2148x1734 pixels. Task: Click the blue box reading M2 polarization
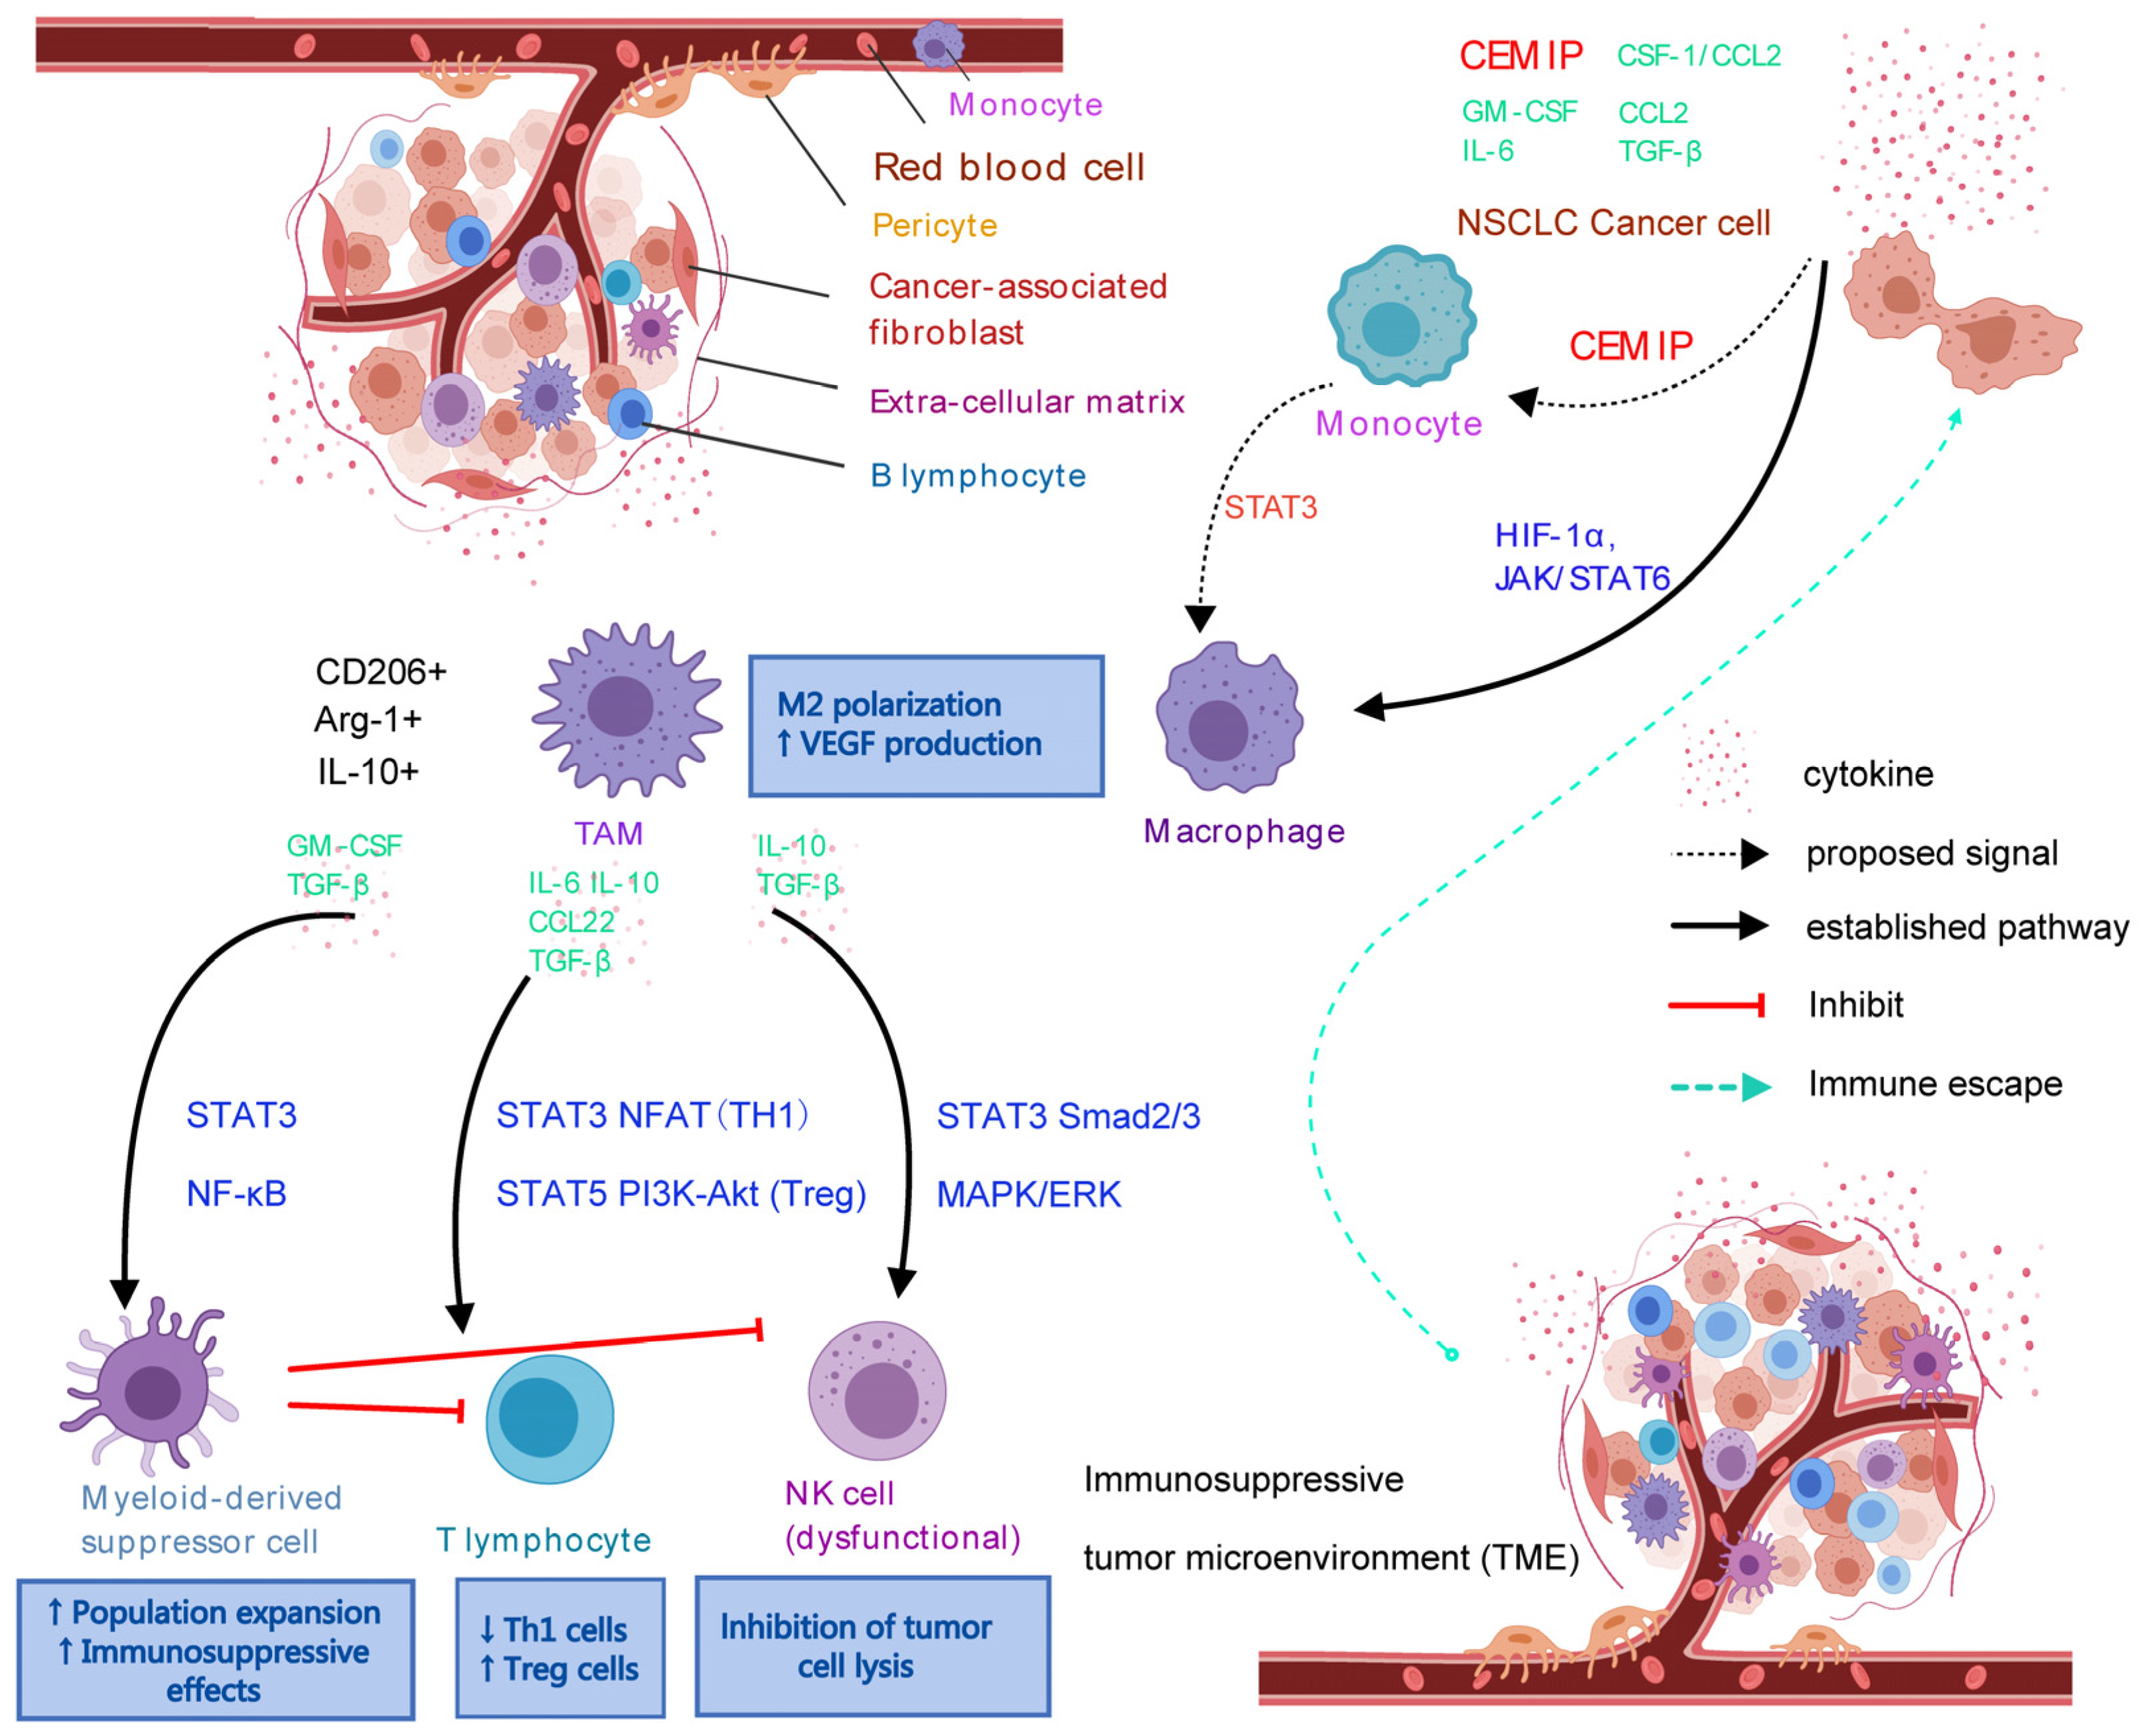[926, 726]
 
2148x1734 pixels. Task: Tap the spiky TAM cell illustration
[626, 709]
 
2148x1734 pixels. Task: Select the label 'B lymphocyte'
[978, 476]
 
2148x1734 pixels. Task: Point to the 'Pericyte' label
[935, 226]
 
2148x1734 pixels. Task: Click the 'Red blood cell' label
[1008, 167]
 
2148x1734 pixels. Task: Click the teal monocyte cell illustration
[1401, 316]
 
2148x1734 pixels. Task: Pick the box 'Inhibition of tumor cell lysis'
[873, 1646]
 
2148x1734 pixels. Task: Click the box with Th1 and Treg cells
[560, 1648]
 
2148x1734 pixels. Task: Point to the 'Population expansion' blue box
[216, 1650]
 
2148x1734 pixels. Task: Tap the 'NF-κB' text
[236, 1194]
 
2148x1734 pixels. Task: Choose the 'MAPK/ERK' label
[1029, 1194]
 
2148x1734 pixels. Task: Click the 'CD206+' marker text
[380, 671]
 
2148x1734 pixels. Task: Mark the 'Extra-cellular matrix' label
[1027, 402]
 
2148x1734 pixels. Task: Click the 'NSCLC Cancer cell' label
[1612, 222]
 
